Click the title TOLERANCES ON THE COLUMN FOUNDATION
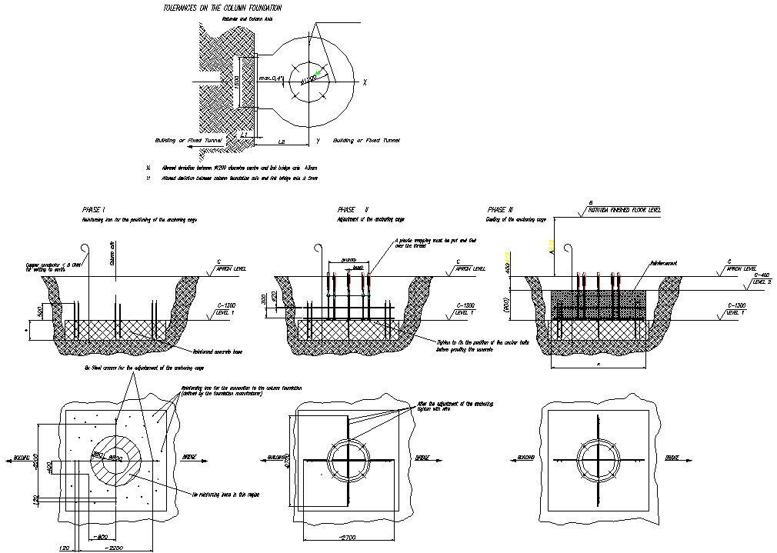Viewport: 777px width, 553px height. tap(216, 8)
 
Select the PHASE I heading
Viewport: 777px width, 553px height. tap(93, 210)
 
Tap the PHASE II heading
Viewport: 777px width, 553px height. tap(353, 210)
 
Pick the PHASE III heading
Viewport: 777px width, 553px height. tap(500, 210)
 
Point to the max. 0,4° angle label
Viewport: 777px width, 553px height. tap(272, 78)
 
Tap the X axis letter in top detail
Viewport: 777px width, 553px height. tap(365, 82)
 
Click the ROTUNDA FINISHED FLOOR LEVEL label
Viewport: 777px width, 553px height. tap(623, 209)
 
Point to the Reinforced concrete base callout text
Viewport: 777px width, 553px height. tap(201, 349)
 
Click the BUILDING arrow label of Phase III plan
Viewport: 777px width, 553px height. tap(526, 459)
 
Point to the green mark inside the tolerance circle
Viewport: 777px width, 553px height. tap(317, 72)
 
